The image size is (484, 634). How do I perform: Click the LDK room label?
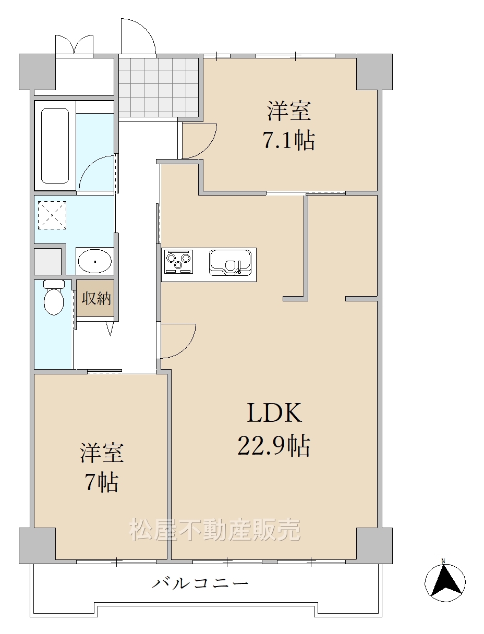[274, 413]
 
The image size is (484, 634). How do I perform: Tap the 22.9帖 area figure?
[274, 445]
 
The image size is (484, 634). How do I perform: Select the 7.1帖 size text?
[288, 140]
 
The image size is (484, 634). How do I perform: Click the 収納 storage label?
[96, 298]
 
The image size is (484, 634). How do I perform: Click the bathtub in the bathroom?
[55, 146]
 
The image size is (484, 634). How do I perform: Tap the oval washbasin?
[95, 261]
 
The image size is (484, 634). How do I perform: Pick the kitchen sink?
[231, 262]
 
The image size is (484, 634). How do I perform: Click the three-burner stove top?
[178, 261]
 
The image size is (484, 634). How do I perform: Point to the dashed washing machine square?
[52, 215]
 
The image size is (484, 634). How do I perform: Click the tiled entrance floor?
[159, 88]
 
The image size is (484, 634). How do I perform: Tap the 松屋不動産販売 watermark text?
[215, 530]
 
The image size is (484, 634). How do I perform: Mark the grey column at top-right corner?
[374, 72]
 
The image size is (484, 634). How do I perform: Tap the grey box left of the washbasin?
[47, 261]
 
